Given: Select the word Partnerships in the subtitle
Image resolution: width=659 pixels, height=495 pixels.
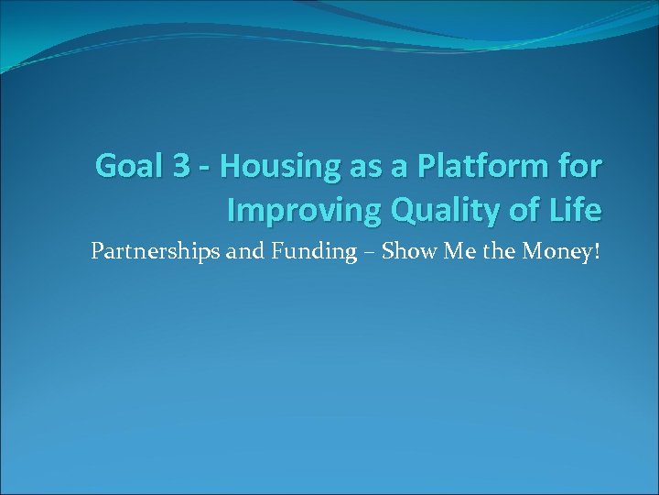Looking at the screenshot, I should [x=156, y=252].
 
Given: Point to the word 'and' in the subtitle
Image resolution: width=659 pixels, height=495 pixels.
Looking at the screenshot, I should [x=243, y=251].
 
